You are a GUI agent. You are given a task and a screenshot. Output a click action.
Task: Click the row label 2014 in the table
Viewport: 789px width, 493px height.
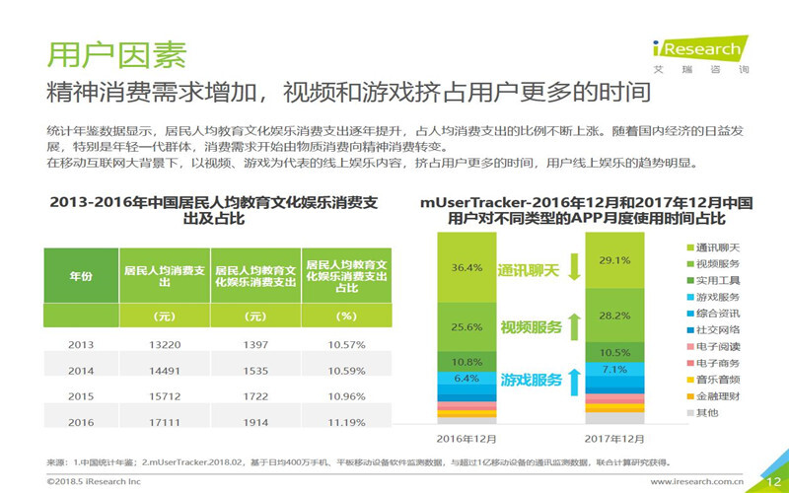click(81, 371)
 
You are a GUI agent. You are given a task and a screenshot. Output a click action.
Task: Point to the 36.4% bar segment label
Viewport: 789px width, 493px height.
click(466, 267)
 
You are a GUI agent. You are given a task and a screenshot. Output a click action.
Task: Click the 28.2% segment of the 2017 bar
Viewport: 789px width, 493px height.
click(613, 316)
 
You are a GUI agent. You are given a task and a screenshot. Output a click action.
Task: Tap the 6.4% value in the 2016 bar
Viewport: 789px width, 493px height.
click(466, 378)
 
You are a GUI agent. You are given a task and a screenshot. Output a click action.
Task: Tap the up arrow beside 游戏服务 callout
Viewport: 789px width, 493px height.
click(573, 380)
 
